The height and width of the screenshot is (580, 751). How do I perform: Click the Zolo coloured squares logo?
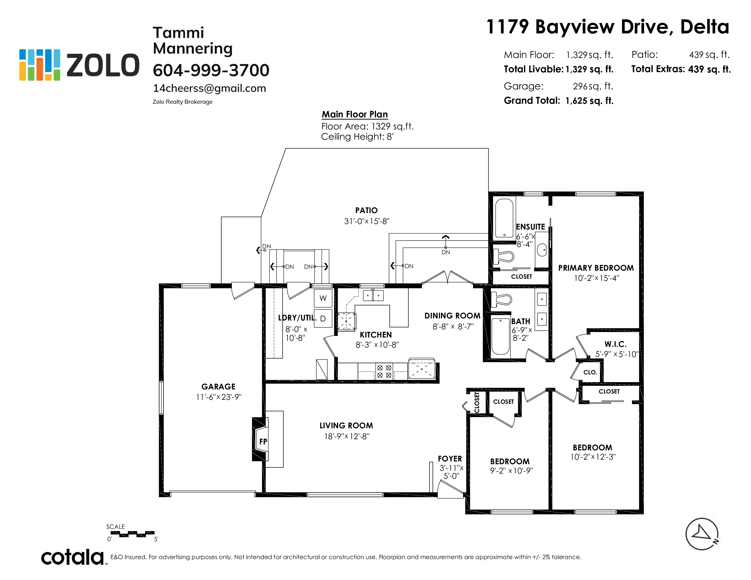point(40,65)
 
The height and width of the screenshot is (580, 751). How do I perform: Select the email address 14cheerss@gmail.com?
point(209,88)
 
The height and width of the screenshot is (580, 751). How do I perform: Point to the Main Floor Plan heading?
point(355,114)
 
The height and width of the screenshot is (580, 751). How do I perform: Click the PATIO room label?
point(366,210)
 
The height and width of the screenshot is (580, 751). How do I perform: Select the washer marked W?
point(323,298)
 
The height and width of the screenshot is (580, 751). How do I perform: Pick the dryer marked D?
point(323,318)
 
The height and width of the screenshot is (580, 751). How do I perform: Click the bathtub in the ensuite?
point(504,219)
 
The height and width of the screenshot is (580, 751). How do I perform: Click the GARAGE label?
point(218,386)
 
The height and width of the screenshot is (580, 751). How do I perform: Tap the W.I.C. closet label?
point(616,344)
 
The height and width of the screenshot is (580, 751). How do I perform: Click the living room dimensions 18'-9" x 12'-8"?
point(347,436)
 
